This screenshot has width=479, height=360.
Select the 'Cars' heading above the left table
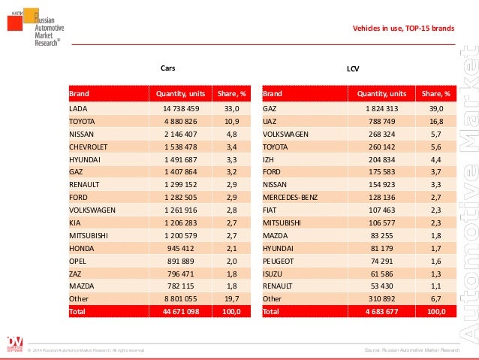click(168, 68)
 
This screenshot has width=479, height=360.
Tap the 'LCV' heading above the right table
click(352, 68)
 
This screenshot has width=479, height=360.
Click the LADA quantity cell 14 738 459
click(180, 108)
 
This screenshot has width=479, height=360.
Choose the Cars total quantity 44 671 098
click(180, 310)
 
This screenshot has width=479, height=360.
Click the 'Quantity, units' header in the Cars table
click(180, 95)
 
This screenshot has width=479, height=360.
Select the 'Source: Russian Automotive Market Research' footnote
click(411, 350)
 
